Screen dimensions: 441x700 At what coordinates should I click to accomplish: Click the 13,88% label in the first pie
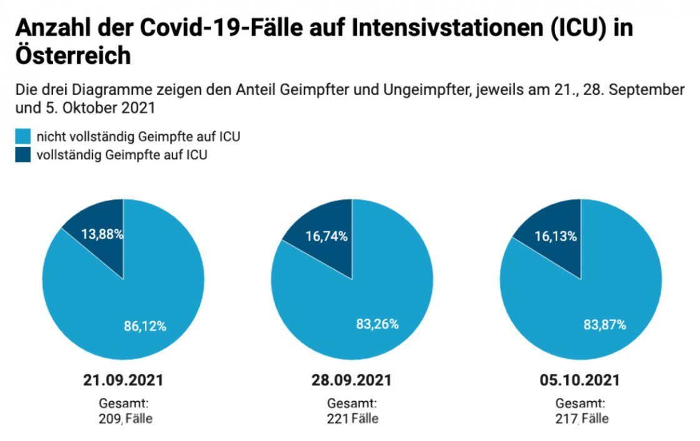coord(102,235)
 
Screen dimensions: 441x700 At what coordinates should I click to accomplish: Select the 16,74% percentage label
coord(326,236)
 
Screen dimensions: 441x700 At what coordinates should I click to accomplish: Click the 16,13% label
coord(556,236)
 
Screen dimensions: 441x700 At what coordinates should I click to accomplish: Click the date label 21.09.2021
coord(123,380)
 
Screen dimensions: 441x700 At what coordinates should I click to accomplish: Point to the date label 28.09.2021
coord(352,380)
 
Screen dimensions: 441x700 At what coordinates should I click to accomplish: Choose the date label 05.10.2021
coord(581,380)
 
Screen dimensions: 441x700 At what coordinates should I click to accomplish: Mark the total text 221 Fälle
coord(352,419)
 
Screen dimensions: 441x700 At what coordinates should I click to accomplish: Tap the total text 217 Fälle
coord(581,419)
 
